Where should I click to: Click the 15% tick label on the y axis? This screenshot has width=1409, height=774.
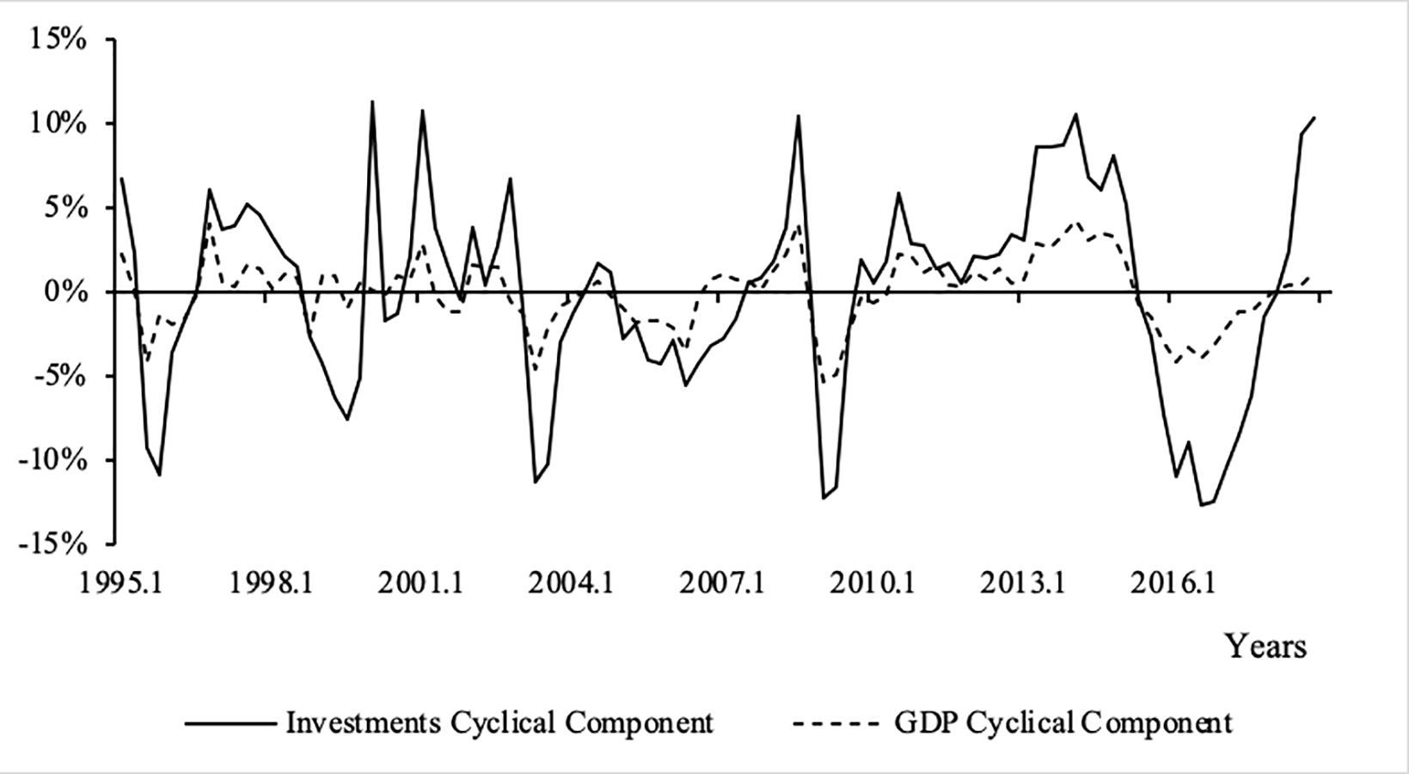(58, 40)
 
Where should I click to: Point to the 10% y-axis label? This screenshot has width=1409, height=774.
(58, 125)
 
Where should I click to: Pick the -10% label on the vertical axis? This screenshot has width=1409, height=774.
(51, 461)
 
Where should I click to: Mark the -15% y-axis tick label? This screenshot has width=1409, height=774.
(51, 544)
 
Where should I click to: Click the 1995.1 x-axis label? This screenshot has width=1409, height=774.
(122, 584)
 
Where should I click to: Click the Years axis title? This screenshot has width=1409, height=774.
(1265, 645)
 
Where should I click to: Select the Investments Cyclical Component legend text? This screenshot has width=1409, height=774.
(499, 722)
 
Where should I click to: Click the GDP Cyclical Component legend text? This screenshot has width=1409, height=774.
(1063, 722)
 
